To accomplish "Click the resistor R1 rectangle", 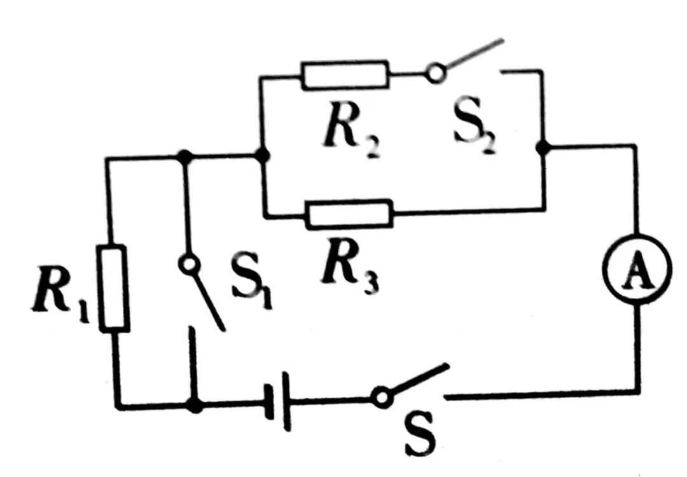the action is coord(114,288).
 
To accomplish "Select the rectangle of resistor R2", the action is coord(345,74).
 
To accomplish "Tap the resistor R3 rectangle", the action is coord(349,214).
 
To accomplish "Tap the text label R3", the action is coord(350,268).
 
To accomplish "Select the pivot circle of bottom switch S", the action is coord(382,397).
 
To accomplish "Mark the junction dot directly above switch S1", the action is coord(184,156).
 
